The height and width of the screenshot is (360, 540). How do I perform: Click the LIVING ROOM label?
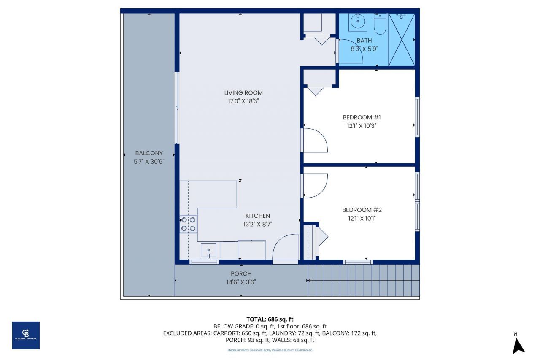tap(243, 93)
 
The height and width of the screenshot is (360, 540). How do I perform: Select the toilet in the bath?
tap(380, 24)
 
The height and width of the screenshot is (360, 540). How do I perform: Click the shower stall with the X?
tap(401, 40)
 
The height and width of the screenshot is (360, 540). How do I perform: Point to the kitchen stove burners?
tap(189, 224)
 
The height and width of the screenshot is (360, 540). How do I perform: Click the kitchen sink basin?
tap(209, 250)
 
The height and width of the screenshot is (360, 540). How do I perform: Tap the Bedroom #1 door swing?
tap(315, 140)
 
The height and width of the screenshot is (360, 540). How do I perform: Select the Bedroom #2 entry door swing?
tap(315, 186)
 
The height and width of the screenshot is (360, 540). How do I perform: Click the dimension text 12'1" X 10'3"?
tap(359, 125)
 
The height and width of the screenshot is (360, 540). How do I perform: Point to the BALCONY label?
tap(148, 153)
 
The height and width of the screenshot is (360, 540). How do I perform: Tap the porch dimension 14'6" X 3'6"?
tap(241, 282)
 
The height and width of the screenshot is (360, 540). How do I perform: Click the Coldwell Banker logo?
tap(26, 335)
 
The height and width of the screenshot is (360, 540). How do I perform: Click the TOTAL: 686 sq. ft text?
tap(270, 319)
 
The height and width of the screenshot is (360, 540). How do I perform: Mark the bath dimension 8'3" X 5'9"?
tap(364, 48)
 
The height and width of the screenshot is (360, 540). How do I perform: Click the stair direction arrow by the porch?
tap(310, 280)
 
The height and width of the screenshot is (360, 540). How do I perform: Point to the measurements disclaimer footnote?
tap(270, 350)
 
